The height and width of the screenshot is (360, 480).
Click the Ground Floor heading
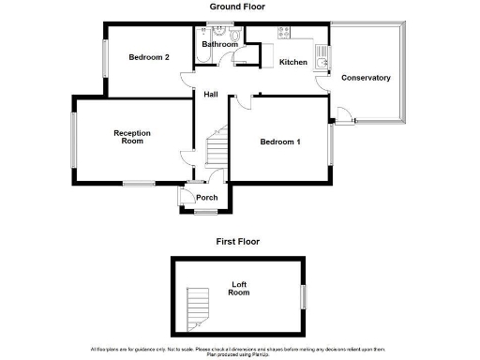tap(237, 7)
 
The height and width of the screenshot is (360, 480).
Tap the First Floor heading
tap(237, 241)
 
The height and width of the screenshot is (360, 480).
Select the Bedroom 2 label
tap(149, 57)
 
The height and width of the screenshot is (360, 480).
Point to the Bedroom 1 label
tap(280, 142)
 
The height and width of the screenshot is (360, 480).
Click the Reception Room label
tap(133, 137)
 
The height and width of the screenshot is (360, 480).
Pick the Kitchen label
tap(293, 62)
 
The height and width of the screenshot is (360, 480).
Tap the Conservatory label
tap(366, 78)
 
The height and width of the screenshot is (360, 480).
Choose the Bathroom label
tap(219, 44)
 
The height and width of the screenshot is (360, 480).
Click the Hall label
tap(212, 94)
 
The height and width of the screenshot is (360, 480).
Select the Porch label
tap(206, 198)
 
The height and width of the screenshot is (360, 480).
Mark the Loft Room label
tap(239, 288)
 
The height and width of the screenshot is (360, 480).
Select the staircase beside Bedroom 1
tap(217, 150)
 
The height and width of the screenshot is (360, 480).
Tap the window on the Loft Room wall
tap(303, 293)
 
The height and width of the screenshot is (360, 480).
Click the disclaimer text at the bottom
tap(239, 351)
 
